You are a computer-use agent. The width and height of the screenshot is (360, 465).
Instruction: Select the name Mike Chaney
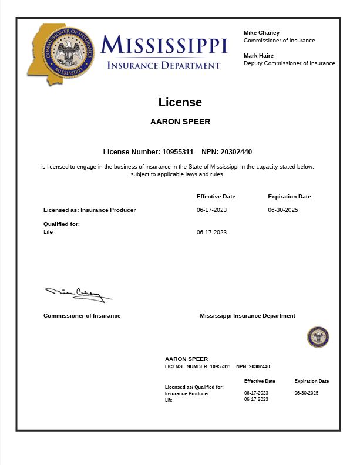[x=261, y=33]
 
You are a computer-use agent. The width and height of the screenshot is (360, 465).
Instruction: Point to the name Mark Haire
[x=258, y=56]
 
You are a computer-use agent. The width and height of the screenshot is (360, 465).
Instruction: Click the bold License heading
[x=180, y=102]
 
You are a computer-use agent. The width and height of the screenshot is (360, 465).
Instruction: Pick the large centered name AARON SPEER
[x=180, y=122]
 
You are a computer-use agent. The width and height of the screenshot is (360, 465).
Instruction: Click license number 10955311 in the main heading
[x=177, y=152]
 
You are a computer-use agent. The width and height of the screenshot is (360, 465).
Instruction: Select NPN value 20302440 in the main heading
[x=236, y=152]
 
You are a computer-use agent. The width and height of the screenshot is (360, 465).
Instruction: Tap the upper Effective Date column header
[x=216, y=197]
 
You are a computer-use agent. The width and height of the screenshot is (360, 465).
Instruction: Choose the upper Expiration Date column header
[x=289, y=197]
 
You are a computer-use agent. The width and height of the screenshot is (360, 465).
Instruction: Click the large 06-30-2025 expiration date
[x=283, y=210]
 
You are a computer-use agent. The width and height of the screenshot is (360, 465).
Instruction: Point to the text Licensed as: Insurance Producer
[x=89, y=210]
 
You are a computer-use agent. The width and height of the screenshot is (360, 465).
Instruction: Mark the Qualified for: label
[x=62, y=224]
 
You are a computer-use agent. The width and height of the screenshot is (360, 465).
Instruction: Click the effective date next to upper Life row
[x=211, y=232]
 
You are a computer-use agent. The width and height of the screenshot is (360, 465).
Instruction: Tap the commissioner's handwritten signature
[x=78, y=294]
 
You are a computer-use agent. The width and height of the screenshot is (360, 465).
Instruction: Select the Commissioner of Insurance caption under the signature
[x=82, y=316]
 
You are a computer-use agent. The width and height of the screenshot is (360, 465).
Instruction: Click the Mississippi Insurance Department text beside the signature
[x=247, y=316]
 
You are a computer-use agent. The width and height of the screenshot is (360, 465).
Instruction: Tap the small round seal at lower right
[x=318, y=337]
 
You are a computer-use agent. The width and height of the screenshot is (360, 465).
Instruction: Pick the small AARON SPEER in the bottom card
[x=186, y=359]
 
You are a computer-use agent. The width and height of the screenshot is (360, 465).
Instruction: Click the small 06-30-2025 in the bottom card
[x=306, y=393]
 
